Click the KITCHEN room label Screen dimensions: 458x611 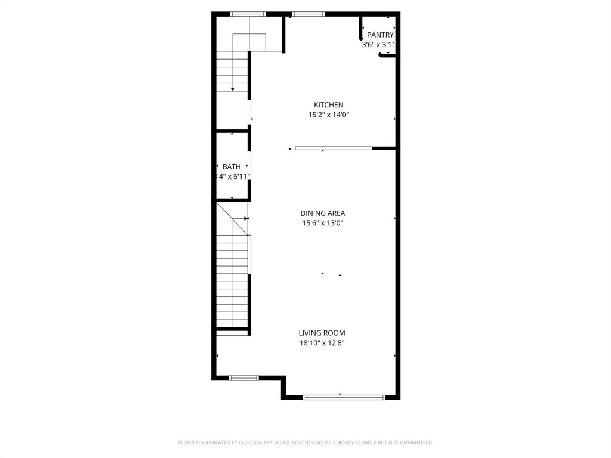coord(328,105)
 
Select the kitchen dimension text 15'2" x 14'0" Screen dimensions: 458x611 coord(328,115)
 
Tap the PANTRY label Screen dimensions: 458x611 coord(380,35)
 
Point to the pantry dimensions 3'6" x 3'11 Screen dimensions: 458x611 coord(379,45)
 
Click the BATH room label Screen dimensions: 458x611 coord(232,167)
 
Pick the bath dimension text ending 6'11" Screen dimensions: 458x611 coord(233,177)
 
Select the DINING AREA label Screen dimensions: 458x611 coord(322,213)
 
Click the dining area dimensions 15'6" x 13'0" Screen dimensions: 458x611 coord(322,224)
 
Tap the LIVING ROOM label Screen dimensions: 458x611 coord(322,333)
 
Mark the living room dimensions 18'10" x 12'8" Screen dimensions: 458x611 coord(322,343)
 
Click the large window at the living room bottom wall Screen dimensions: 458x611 coord(344,397)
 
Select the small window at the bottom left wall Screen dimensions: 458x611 coord(243,377)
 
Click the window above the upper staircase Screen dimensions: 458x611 coord(248,14)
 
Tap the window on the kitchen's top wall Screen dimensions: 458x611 coord(308,14)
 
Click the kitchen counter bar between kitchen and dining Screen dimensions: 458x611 coord(333,148)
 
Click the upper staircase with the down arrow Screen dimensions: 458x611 coord(232,71)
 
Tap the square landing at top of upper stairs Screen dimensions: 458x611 coord(249,42)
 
